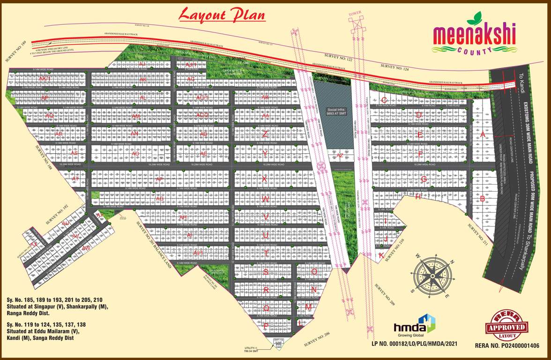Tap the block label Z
265,134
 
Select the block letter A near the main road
483,134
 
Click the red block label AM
136,116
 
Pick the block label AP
159,179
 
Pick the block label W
265,199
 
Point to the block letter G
423,179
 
